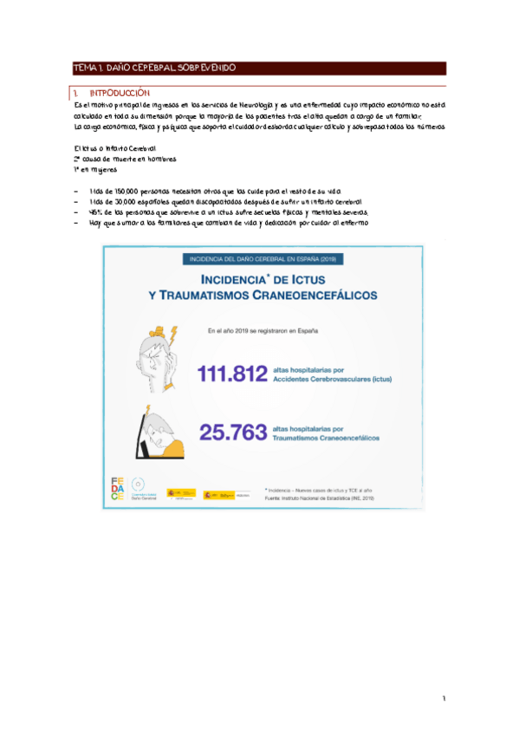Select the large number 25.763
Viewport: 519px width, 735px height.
click(x=235, y=433)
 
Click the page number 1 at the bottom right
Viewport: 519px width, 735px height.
click(x=442, y=699)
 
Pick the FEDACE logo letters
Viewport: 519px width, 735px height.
click(x=119, y=488)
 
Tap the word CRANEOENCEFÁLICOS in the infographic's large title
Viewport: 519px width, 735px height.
click(x=317, y=296)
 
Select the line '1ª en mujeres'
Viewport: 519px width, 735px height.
click(x=94, y=170)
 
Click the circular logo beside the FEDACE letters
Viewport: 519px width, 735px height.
click(x=139, y=484)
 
